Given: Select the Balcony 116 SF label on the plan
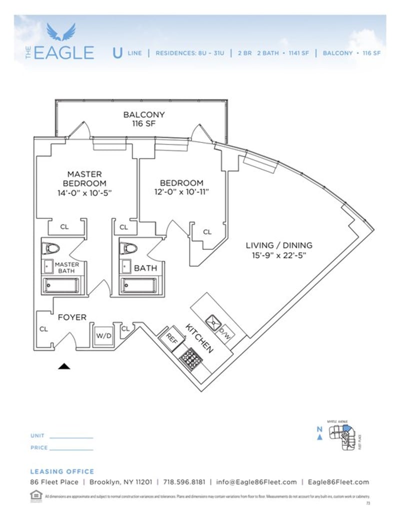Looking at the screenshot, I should click(x=143, y=119).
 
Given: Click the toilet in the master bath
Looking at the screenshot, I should click(x=50, y=248).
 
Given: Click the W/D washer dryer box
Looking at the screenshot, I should click(x=103, y=335).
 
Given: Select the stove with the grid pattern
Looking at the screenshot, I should click(x=190, y=358).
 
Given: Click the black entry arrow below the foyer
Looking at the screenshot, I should click(x=64, y=366).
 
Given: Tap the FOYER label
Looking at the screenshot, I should click(x=72, y=317).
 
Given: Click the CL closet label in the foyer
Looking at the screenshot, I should click(x=43, y=329).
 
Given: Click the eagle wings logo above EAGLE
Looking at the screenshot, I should click(x=61, y=32).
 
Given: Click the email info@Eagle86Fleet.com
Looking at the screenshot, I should click(x=256, y=482).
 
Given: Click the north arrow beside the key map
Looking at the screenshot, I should click(x=319, y=437).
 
